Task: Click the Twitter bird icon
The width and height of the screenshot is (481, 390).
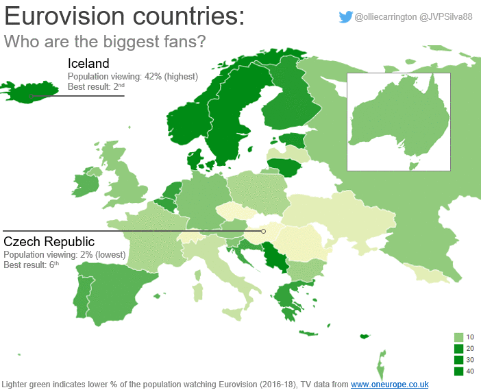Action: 346,18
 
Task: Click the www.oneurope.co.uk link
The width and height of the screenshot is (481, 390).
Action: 390,384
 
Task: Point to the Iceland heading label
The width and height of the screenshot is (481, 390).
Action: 88,64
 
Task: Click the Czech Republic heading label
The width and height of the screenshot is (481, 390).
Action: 49,242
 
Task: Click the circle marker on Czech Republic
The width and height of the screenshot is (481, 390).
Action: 263,232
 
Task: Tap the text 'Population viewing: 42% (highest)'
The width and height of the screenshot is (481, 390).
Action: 133,76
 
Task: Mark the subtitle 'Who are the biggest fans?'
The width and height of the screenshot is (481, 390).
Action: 105,41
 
